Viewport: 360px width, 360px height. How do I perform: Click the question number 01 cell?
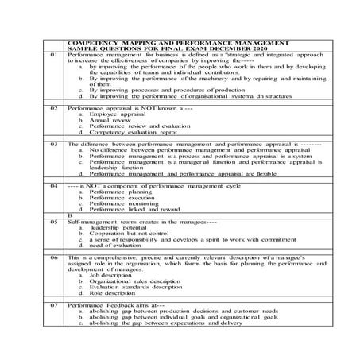pos(53,54)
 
